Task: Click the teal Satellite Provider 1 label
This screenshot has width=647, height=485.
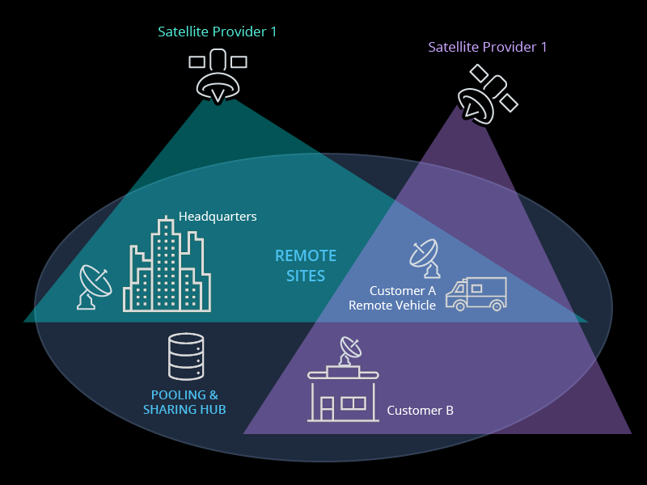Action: pos(217,32)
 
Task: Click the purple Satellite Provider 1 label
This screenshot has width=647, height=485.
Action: pos(487,47)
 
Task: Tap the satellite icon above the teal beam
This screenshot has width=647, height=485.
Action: pos(217,78)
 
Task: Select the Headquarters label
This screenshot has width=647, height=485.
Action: pos(218,217)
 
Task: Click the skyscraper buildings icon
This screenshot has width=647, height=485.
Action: pos(167,267)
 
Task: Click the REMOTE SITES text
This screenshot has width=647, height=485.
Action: pos(306,266)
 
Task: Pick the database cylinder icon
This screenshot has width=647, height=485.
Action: pos(184,356)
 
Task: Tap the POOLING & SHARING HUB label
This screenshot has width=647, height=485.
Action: pos(184,403)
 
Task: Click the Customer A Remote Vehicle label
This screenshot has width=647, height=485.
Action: pos(392,298)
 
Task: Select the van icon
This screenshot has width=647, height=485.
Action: pos(476,293)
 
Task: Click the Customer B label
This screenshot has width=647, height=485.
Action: pos(420,411)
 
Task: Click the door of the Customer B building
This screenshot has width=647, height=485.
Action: pos(327,409)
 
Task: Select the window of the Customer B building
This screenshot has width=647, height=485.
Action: pos(353,403)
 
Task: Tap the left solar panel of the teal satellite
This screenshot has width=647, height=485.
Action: pos(197,61)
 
